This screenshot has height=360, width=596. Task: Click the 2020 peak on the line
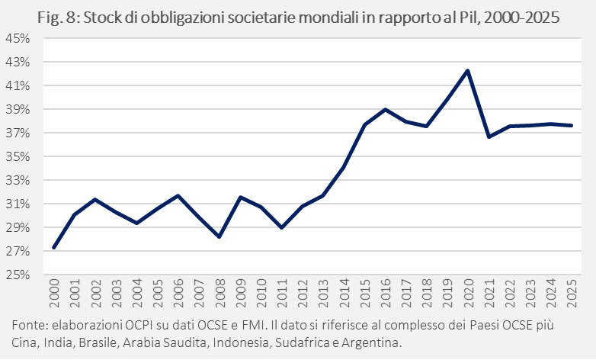click(x=467, y=70)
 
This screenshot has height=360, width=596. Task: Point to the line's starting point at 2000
click(x=53, y=247)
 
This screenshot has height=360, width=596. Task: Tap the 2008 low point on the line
click(x=219, y=237)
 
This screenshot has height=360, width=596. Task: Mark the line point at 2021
click(x=489, y=137)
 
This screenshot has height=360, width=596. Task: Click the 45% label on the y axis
click(x=18, y=38)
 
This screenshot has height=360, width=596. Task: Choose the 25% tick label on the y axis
click(x=18, y=275)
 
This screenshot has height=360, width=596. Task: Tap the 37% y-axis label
click(x=18, y=133)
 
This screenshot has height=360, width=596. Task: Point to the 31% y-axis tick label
click(x=18, y=204)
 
